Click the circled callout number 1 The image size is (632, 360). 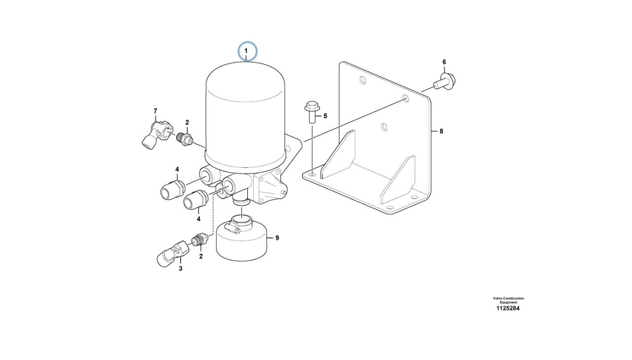click(x=246, y=51)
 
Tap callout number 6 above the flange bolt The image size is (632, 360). click(x=444, y=62)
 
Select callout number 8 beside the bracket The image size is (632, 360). click(x=441, y=131)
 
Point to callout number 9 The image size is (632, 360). click(x=277, y=238)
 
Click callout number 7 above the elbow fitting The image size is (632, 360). click(x=155, y=111)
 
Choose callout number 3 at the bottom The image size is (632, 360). click(x=181, y=269)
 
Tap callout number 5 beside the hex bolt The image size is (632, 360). click(x=325, y=116)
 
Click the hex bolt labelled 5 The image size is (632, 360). click(x=312, y=112)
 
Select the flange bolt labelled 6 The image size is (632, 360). click(x=445, y=81)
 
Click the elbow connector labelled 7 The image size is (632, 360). click(x=157, y=135)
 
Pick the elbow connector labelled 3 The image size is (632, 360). click(x=173, y=253)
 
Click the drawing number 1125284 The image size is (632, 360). click(x=508, y=308)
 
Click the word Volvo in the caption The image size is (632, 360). click(x=498, y=298)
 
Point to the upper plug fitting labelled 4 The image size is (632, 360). click(x=172, y=190)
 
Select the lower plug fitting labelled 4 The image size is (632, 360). click(x=196, y=200)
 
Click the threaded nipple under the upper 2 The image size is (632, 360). click(x=185, y=139)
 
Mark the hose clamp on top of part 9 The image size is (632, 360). click(x=234, y=225)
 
